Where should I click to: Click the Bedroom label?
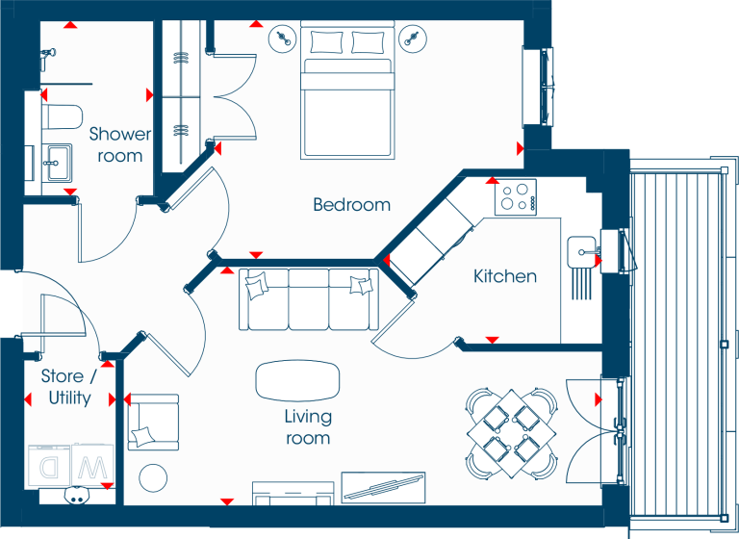(351, 205)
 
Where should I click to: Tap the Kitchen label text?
(505, 276)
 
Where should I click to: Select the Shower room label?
(120, 144)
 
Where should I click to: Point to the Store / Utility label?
(69, 387)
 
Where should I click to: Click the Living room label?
(308, 426)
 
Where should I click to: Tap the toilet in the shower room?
(62, 116)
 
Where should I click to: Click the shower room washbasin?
(58, 163)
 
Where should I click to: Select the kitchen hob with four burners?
(516, 197)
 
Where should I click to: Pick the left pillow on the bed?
(326, 42)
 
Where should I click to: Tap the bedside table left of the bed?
(282, 38)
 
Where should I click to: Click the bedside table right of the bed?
(413, 38)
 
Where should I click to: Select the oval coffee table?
(297, 381)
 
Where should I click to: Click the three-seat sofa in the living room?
(309, 299)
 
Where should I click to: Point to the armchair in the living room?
(153, 422)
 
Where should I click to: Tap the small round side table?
(153, 477)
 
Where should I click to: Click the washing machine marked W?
(92, 465)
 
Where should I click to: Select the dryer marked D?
(49, 466)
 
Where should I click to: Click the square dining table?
(511, 433)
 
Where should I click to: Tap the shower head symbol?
(47, 55)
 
